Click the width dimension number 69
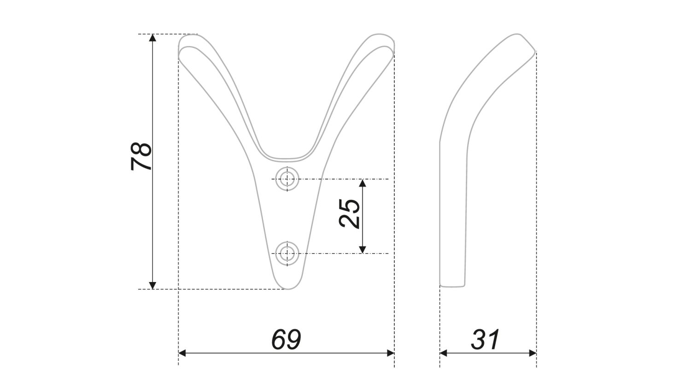click(x=286, y=340)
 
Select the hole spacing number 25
click(x=350, y=213)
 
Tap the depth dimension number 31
click(x=486, y=340)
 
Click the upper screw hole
click(x=287, y=178)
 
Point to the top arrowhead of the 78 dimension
click(x=153, y=38)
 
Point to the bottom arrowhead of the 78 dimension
click(x=153, y=285)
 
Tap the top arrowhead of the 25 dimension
click(x=363, y=183)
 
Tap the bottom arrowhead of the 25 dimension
click(x=363, y=249)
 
